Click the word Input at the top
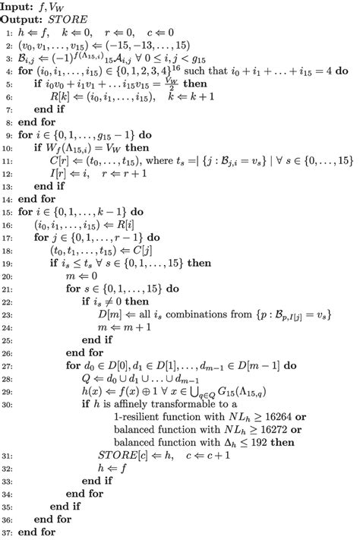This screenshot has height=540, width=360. [x=17, y=6]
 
